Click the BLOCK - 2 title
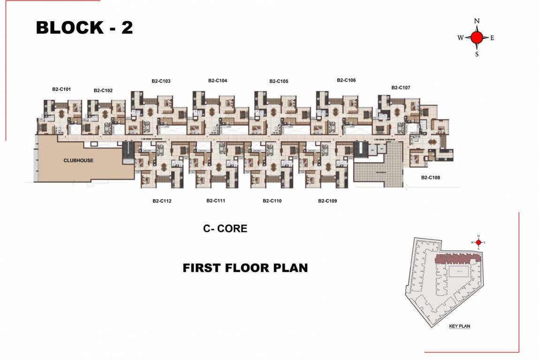84,28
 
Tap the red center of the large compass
477,37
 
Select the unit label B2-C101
61,89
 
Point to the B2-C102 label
103,90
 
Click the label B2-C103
161,81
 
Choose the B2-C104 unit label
218,81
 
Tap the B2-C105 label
279,81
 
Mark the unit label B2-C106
346,80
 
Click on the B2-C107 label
401,88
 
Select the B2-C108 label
431,178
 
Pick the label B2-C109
327,201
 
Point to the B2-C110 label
272,201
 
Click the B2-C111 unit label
216,201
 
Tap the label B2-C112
162,201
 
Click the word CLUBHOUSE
78,160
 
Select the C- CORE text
225,229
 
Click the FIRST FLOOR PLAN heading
245,268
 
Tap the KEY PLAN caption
459,326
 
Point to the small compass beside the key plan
478,242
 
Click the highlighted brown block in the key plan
457,258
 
